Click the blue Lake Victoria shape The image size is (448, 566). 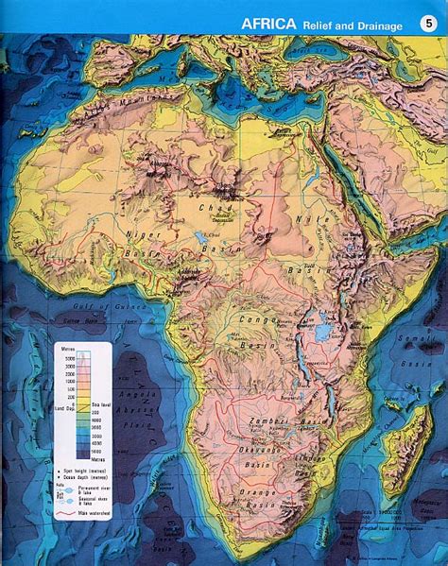[x=322, y=333]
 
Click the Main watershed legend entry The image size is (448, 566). [x=101, y=514]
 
